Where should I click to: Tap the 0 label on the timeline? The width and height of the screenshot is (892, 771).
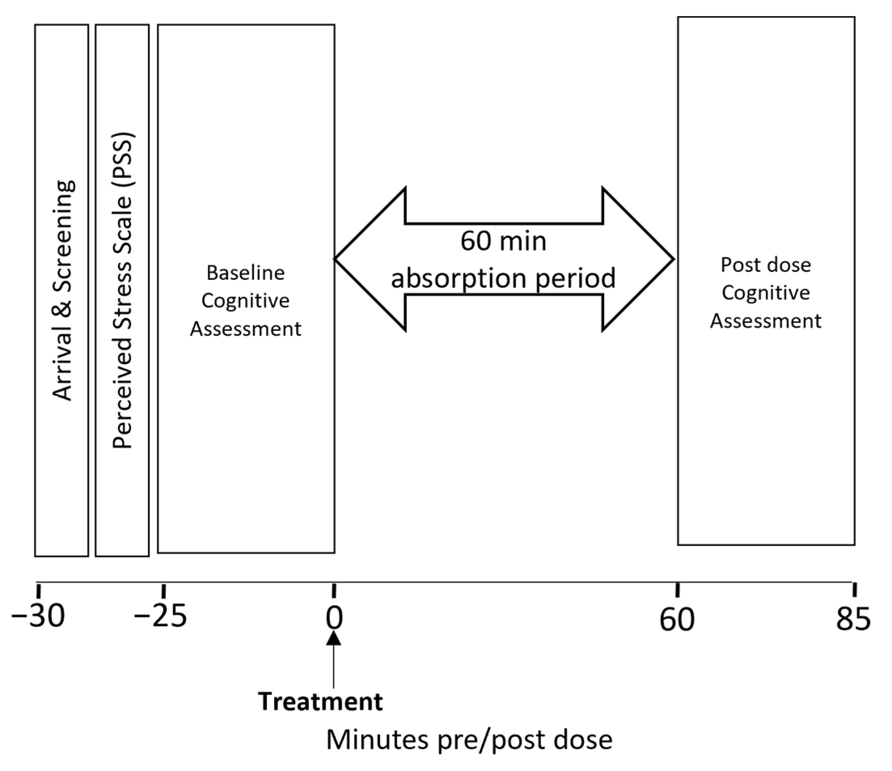pyautogui.click(x=334, y=618)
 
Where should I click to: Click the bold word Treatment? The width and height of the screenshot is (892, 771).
pyautogui.click(x=321, y=702)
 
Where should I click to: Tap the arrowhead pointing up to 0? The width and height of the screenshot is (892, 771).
pyautogui.click(x=334, y=638)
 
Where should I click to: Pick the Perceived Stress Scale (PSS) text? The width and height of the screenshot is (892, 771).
pyautogui.click(x=123, y=291)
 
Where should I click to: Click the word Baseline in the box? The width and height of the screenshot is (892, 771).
pyautogui.click(x=245, y=273)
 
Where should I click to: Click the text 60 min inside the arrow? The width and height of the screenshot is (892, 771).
pyautogui.click(x=503, y=241)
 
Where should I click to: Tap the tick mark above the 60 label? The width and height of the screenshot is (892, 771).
pyautogui.click(x=678, y=590)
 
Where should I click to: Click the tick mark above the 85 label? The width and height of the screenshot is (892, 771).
pyautogui.click(x=854, y=590)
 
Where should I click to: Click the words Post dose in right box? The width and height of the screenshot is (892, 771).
pyautogui.click(x=766, y=265)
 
